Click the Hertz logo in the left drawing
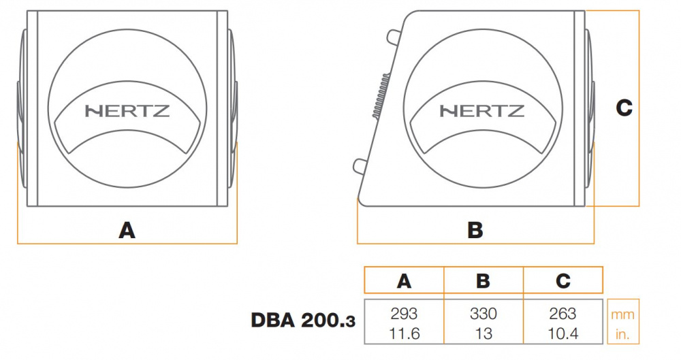127,111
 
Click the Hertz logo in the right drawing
482,111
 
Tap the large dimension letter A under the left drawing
127,231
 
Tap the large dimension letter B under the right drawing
475,231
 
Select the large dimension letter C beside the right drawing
624,108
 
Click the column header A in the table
404,281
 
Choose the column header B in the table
484,281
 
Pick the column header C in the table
563,281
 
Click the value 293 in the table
404,314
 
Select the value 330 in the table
484,314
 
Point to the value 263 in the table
563,314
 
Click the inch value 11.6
404,333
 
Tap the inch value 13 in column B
484,333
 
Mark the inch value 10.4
563,333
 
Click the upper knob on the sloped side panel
394,36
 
